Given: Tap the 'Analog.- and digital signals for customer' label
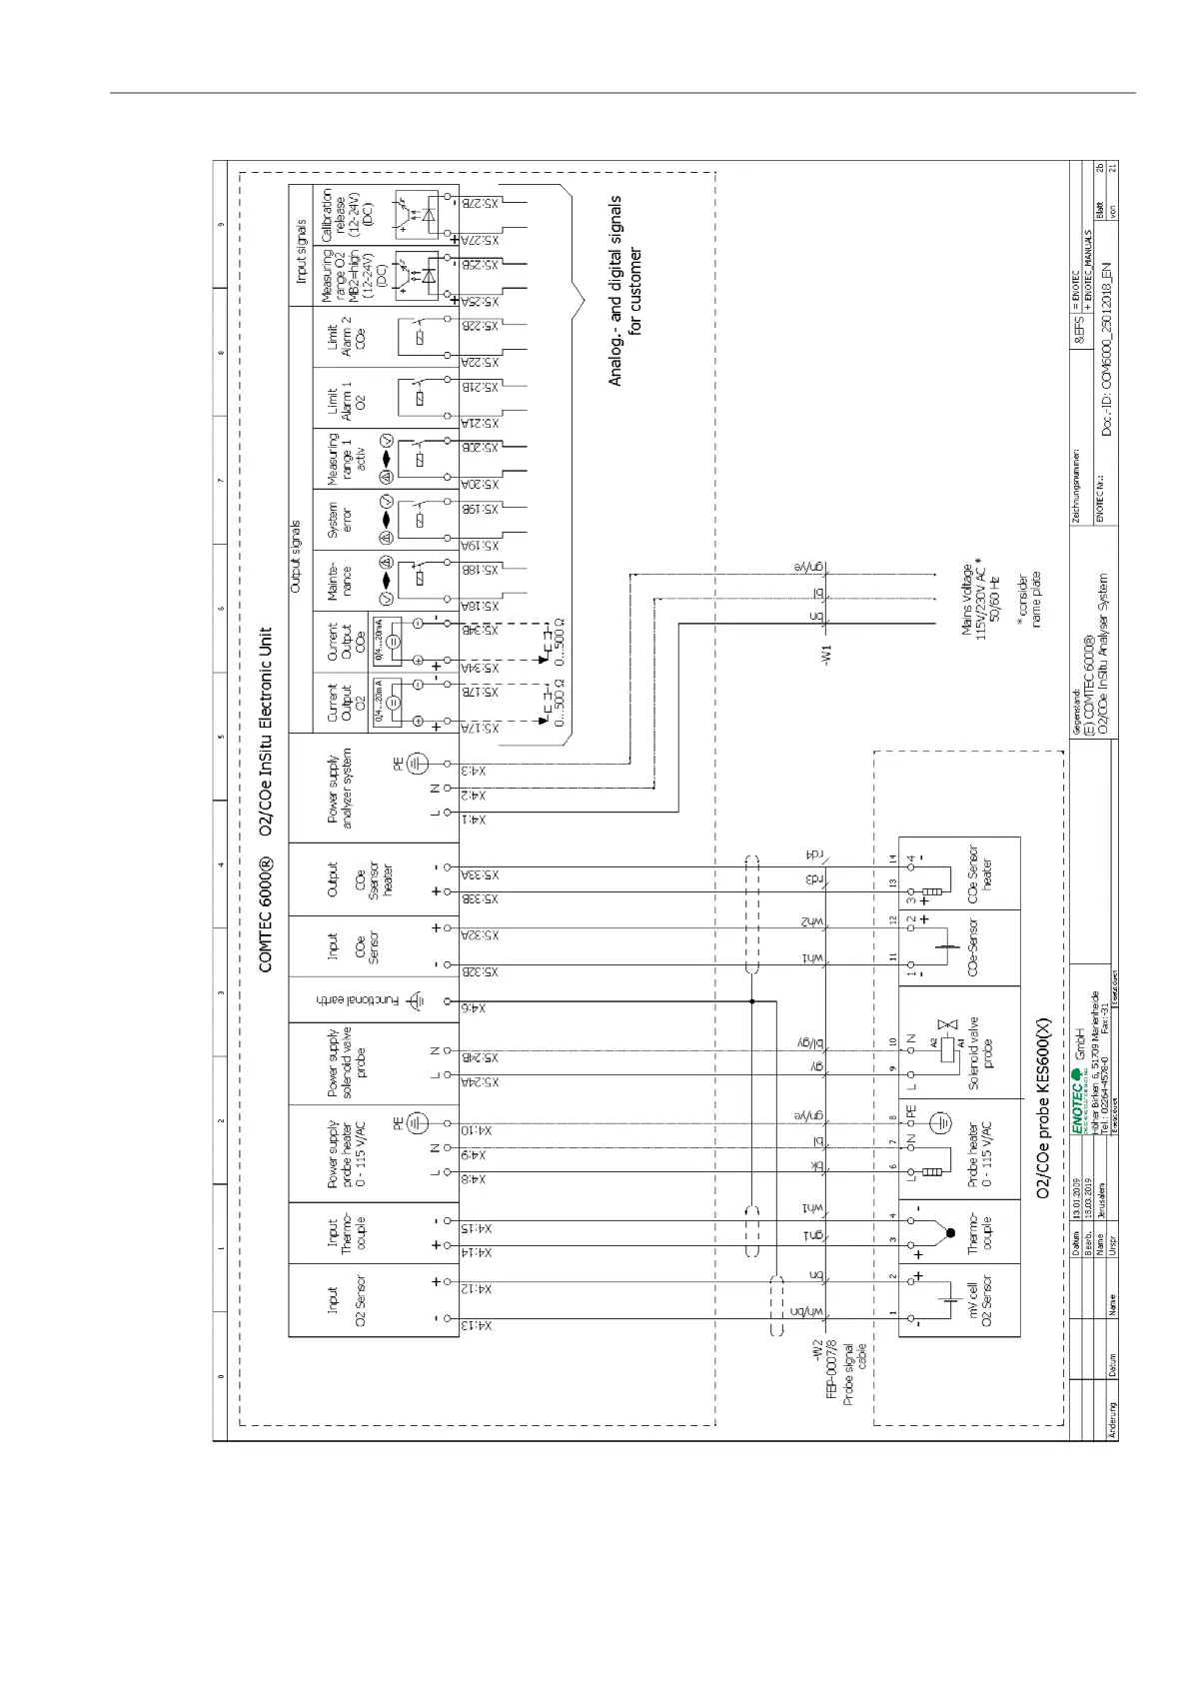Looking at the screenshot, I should coord(625,290).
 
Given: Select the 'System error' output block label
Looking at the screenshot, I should coord(341,520).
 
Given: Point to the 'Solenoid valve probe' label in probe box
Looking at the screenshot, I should coord(979,1053).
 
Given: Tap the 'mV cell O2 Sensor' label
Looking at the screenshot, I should coord(979,1301).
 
